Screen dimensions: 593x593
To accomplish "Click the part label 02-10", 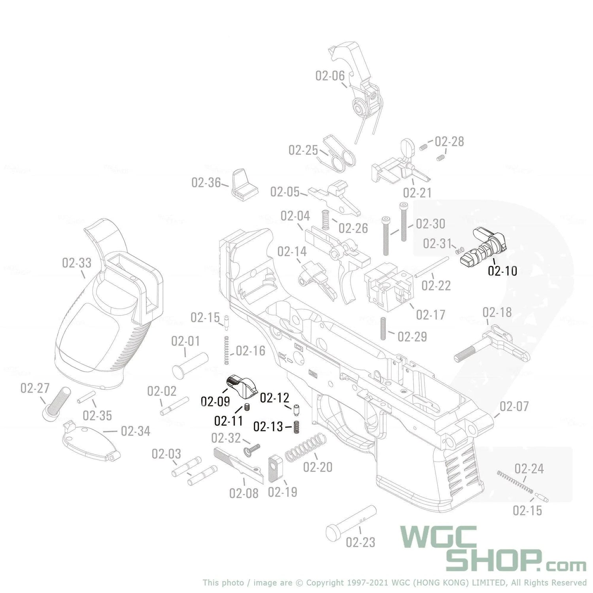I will (502, 271).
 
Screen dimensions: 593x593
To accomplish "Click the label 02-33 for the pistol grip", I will (76, 263).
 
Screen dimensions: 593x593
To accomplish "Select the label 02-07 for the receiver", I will (514, 406).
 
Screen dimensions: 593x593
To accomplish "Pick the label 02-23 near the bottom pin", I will (360, 542).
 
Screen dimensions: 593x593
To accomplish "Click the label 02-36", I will (206, 183).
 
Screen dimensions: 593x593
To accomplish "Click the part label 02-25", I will (303, 150).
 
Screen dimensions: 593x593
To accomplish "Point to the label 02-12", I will (274, 398).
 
